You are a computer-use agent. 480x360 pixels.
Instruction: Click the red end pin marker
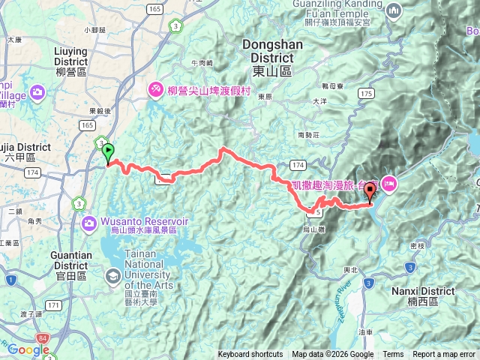(370, 193)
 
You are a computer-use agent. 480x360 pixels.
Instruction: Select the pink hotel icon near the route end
(389, 183)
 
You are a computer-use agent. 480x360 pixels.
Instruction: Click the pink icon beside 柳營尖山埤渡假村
(156, 89)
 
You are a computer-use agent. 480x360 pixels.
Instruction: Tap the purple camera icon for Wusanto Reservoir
(89, 223)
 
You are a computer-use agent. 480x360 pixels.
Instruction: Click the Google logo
(28, 349)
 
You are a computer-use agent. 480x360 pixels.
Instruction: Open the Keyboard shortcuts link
(250, 355)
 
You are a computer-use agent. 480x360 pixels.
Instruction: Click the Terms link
(393, 355)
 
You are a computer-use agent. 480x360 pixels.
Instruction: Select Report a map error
(445, 355)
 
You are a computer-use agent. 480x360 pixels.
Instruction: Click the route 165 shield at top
(154, 8)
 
